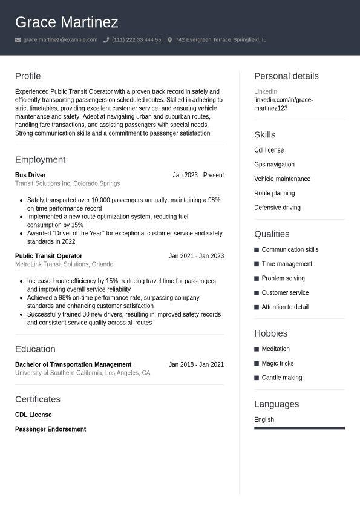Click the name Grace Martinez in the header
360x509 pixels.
67,22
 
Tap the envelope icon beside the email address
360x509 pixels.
18,40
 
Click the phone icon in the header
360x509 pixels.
106,40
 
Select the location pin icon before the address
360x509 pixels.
170,40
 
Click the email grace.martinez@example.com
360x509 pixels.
60,40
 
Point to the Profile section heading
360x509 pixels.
28,76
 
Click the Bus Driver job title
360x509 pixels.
30,175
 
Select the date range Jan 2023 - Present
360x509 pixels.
198,175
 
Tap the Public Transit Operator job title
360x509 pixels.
48,256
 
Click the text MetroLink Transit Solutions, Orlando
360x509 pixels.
64,264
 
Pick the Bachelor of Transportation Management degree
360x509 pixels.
73,364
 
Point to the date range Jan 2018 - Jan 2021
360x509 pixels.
196,364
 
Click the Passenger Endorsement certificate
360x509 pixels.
50,429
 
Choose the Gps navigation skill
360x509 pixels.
274,165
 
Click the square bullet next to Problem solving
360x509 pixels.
257,278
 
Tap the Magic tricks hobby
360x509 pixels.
278,363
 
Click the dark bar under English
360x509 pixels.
299,428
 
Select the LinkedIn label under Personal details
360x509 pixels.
266,91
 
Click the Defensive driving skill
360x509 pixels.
277,208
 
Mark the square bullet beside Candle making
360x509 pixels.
257,378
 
